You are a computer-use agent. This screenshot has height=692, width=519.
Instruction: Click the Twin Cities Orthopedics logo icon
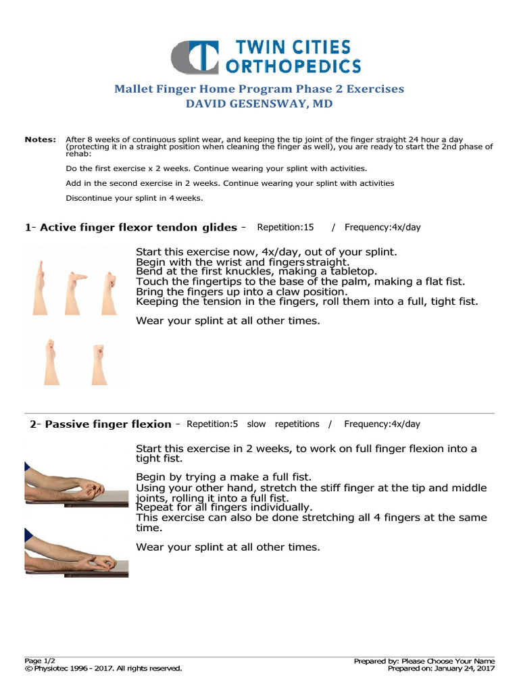[195, 57]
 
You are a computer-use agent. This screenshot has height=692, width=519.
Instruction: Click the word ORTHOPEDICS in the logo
[293, 66]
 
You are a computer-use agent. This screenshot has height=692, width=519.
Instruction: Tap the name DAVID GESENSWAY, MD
[259, 105]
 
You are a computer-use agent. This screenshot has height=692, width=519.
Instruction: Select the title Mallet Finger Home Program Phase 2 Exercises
[259, 89]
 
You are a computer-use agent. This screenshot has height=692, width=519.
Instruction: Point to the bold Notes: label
[40, 139]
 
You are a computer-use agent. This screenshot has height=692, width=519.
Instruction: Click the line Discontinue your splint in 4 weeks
[134, 198]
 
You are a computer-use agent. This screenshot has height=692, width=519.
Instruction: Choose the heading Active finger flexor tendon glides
[139, 228]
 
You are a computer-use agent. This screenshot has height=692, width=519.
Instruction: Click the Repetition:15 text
[286, 227]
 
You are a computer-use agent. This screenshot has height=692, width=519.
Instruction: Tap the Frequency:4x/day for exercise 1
[382, 227]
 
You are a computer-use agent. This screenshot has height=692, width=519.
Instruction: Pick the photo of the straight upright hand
[41, 287]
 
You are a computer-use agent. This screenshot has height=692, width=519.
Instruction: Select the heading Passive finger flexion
[107, 424]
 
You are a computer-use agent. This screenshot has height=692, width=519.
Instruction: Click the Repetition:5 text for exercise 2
[212, 424]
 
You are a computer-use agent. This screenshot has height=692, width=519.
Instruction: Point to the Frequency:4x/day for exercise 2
[382, 424]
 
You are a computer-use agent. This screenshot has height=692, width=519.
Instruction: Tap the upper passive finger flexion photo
[76, 485]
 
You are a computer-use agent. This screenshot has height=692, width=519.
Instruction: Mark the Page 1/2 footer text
[38, 661]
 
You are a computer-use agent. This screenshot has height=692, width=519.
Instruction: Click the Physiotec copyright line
[103, 668]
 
